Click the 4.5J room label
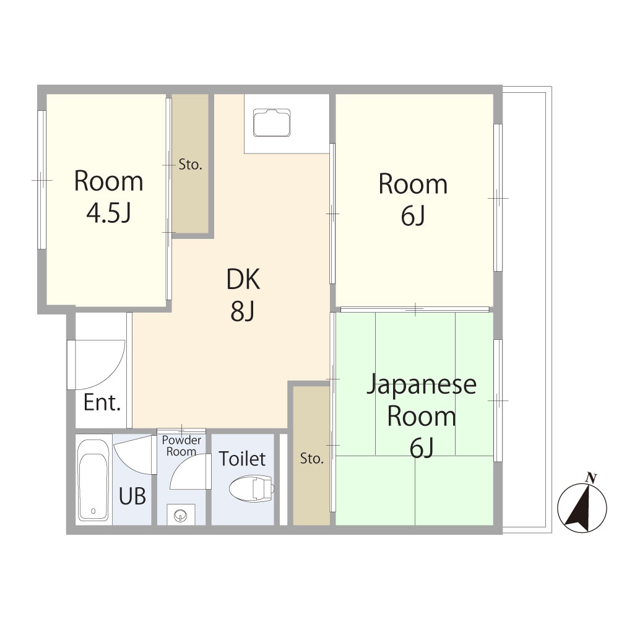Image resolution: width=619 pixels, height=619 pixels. click(109, 197)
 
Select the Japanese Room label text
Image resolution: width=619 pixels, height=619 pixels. click(422, 415)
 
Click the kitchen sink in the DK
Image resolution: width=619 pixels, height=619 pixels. click(272, 123)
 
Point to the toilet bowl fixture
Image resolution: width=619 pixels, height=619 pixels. click(251, 489)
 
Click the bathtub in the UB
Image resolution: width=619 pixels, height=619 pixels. click(93, 480)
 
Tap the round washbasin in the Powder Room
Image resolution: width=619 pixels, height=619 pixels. click(181, 514)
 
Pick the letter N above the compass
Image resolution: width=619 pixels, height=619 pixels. click(591, 478)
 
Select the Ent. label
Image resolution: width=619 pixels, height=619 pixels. click(102, 404)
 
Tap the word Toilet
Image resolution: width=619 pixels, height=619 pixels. click(242, 459)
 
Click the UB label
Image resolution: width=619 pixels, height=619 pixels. click(132, 496)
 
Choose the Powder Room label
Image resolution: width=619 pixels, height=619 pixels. click(181, 445)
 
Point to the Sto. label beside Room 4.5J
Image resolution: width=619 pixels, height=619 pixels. click(191, 165)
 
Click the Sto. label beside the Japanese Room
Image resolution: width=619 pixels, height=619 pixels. click(312, 459)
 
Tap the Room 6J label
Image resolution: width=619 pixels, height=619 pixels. click(413, 199)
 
